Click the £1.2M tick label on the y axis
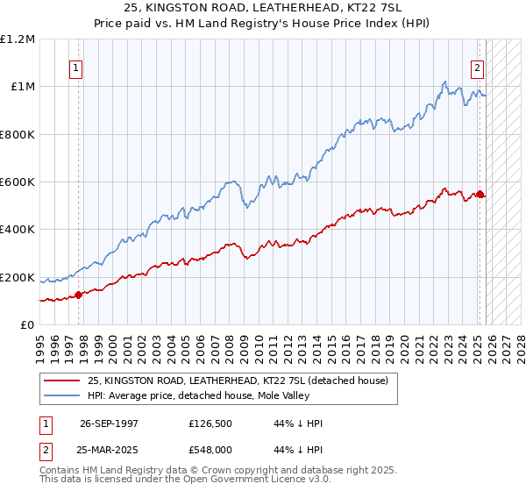[18, 39]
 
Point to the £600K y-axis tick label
[18, 181]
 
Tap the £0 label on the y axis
[28, 324]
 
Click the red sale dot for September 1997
[79, 295]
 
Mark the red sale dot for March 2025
[480, 194]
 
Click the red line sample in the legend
[62, 381]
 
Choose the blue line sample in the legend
[62, 395]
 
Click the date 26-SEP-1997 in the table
[109, 423]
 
